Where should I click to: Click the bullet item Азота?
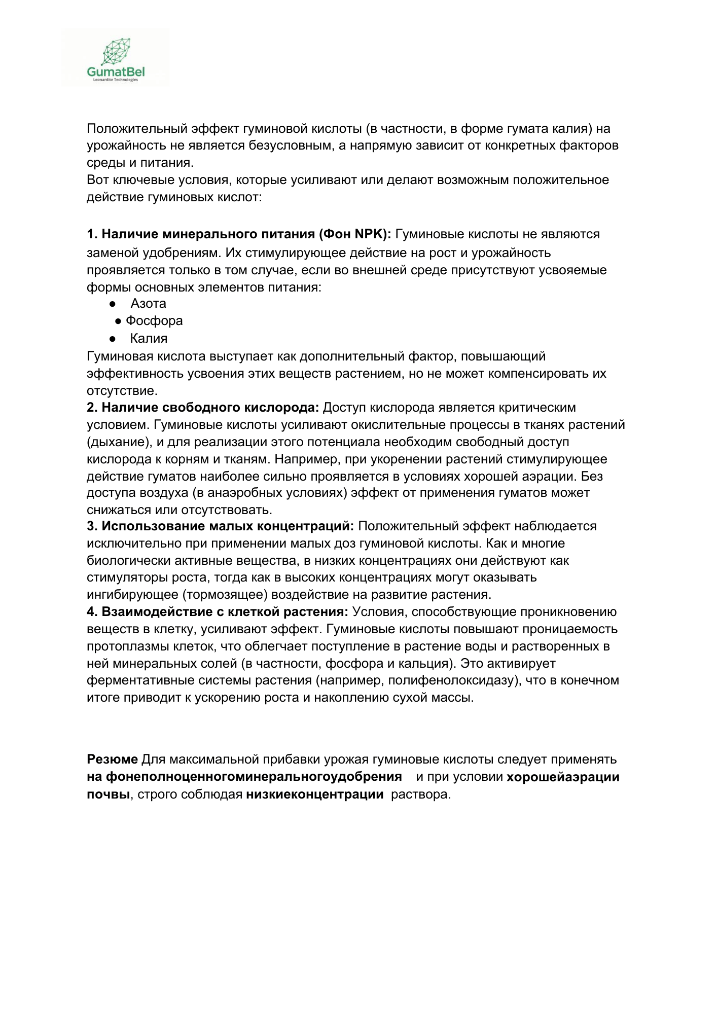148,303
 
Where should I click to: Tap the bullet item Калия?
149,338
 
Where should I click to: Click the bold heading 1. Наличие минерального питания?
239,234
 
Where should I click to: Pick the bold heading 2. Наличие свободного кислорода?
203,408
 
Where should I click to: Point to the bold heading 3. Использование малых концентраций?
221,526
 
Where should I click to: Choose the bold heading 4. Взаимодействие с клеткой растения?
218,612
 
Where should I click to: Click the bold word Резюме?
112,759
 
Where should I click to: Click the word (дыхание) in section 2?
119,442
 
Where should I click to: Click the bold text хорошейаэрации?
563,777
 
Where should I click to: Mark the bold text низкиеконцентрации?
314,794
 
